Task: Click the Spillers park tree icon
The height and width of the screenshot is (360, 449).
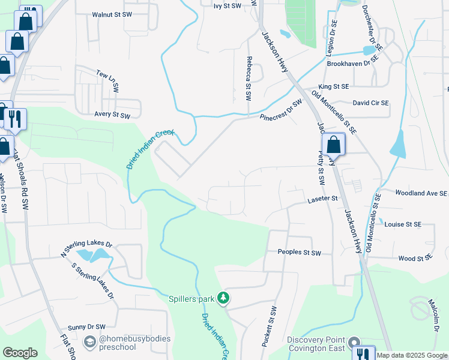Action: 223,298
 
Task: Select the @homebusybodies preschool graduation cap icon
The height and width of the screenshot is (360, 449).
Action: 90,342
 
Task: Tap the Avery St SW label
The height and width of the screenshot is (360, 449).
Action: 112,115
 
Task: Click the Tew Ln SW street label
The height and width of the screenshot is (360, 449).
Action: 108,80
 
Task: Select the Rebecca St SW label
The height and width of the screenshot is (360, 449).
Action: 248,78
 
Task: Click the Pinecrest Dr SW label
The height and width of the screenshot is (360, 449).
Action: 281,110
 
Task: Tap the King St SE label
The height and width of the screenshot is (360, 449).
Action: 334,86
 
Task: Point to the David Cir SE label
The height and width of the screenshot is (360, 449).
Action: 371,103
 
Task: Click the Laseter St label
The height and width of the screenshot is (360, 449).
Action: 324,198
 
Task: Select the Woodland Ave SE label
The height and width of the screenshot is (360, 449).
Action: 421,193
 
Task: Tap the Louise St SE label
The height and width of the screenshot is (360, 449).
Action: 403,224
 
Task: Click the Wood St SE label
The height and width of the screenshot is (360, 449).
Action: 415,258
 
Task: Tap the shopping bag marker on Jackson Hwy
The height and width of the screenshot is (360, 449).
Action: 333,145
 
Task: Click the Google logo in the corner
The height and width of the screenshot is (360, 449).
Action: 20,353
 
